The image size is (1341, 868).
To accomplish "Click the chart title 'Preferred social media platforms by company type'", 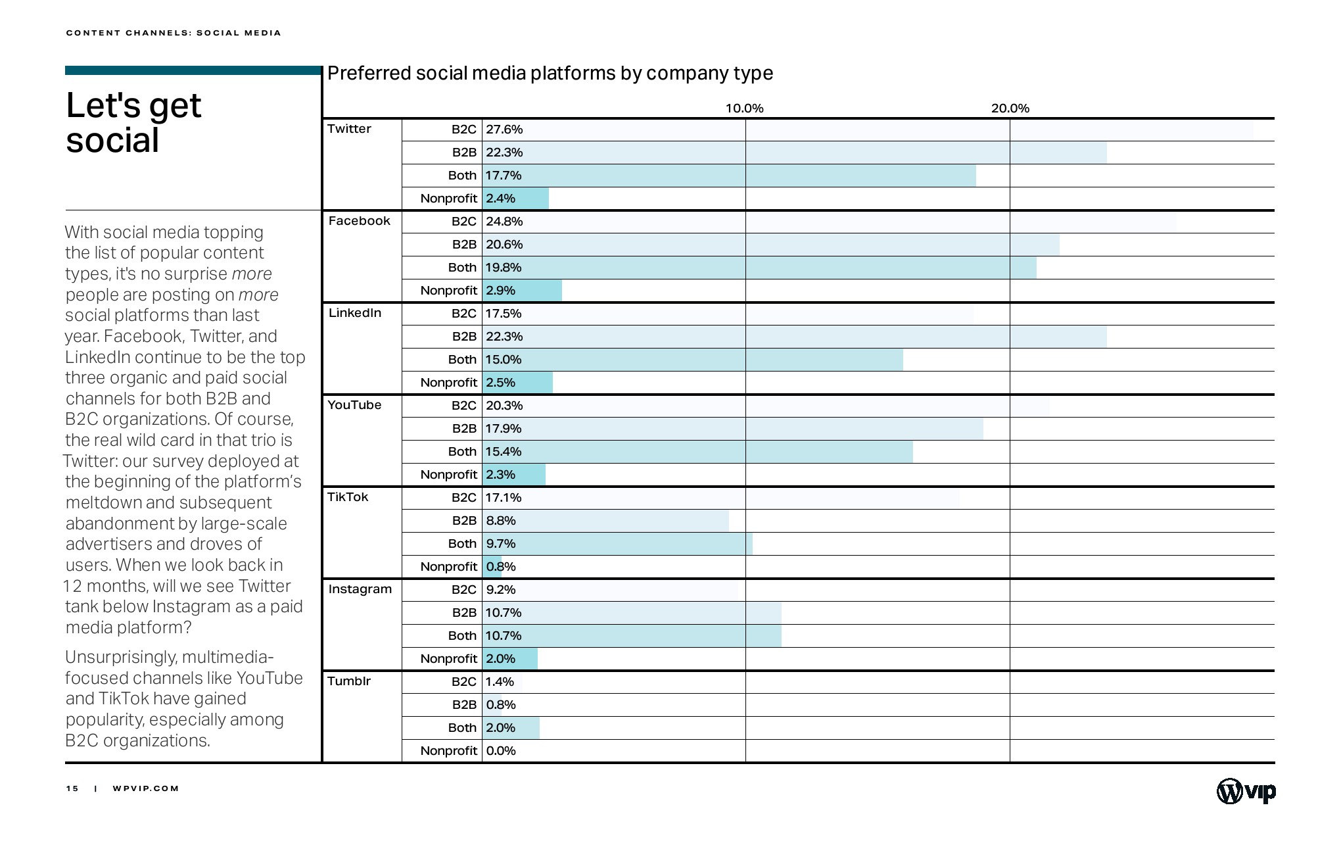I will click(x=550, y=73).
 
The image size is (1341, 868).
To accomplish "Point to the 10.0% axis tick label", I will click(x=744, y=108).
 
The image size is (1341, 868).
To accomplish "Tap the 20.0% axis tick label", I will click(x=1010, y=108).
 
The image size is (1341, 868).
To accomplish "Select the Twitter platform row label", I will click(x=349, y=129).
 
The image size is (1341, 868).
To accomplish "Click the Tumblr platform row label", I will click(x=349, y=681).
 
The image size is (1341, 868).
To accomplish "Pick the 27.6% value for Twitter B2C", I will click(x=504, y=130).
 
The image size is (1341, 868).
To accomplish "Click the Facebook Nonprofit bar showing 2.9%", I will click(x=523, y=291).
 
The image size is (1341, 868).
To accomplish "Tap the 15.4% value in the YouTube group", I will click(x=504, y=452).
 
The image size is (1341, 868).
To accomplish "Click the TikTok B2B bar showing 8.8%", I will click(x=605, y=521).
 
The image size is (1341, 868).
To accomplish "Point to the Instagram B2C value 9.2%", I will click(x=501, y=590).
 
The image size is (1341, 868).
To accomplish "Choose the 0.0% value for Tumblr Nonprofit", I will click(x=501, y=751).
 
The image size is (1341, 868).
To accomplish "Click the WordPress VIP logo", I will click(x=1246, y=791).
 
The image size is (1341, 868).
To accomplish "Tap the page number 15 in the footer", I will click(x=72, y=788).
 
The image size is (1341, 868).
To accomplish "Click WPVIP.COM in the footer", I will click(x=146, y=788).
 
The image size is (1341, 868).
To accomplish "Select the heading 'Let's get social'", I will click(x=133, y=123).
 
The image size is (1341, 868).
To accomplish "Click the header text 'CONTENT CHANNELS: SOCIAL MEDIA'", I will click(x=174, y=33).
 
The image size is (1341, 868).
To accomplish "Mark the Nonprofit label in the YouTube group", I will click(x=448, y=475).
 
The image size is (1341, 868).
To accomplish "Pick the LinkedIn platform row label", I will click(x=355, y=313).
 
